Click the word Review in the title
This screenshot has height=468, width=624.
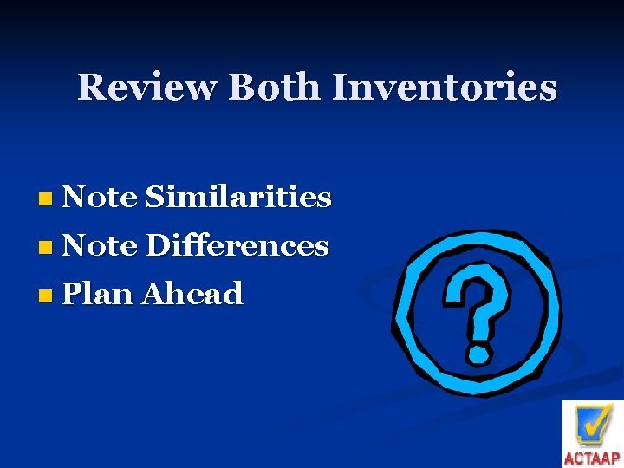(x=147, y=88)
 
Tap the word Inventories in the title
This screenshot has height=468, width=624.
(x=444, y=88)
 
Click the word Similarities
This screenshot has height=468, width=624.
(x=238, y=198)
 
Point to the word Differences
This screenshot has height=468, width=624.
(x=237, y=246)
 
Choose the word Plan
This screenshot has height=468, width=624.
(x=98, y=295)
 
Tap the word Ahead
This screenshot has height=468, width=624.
(x=192, y=295)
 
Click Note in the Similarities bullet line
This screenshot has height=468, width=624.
(x=100, y=198)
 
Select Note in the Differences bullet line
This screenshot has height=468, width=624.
(x=100, y=246)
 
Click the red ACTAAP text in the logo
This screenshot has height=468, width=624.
(x=592, y=458)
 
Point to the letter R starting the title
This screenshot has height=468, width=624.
(x=91, y=88)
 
